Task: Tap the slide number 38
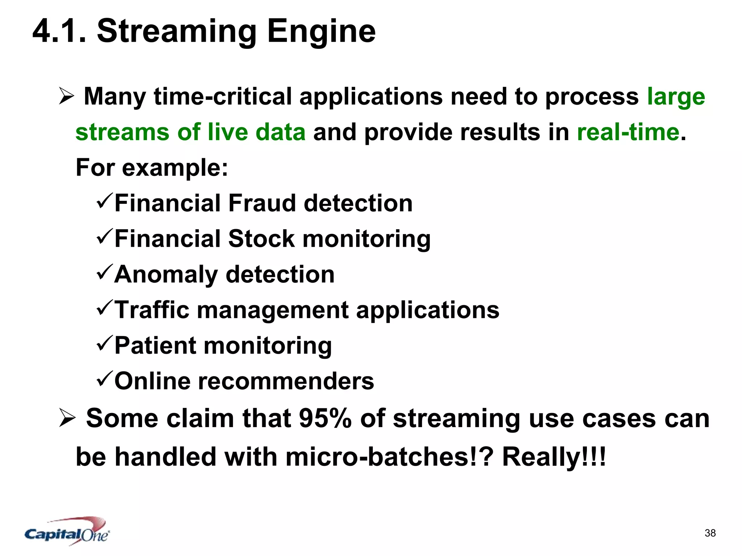pyautogui.click(x=710, y=533)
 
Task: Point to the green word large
pyautogui.click(x=676, y=97)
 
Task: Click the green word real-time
pyautogui.click(x=628, y=132)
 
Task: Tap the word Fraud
pyautogui.click(x=262, y=203)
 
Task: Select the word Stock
pyautogui.click(x=262, y=239)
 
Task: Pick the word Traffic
pyautogui.click(x=152, y=310)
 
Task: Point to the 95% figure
pyautogui.click(x=325, y=418)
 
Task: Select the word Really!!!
pyautogui.click(x=554, y=457)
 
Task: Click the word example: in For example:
pyautogui.click(x=175, y=168)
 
